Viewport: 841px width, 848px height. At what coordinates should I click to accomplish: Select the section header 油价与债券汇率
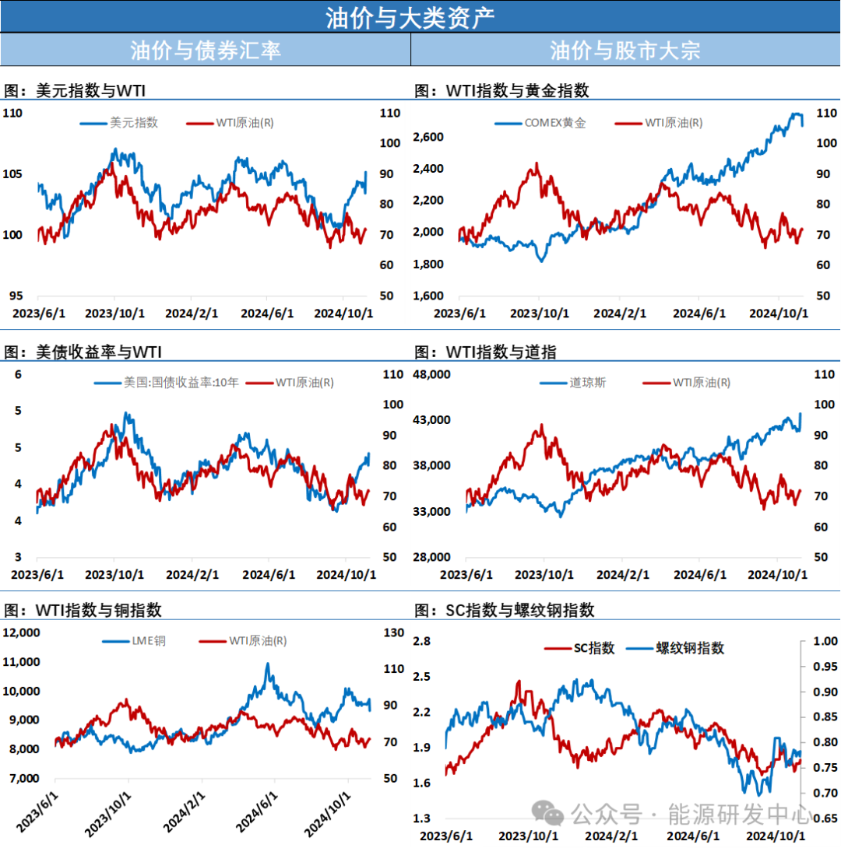click(205, 51)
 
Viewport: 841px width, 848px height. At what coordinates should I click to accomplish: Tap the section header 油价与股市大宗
click(625, 51)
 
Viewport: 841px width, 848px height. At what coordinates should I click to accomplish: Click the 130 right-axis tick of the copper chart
click(393, 632)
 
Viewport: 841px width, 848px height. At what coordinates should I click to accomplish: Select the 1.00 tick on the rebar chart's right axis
click(825, 641)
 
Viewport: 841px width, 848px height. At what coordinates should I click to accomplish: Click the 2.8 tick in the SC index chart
click(422, 641)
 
